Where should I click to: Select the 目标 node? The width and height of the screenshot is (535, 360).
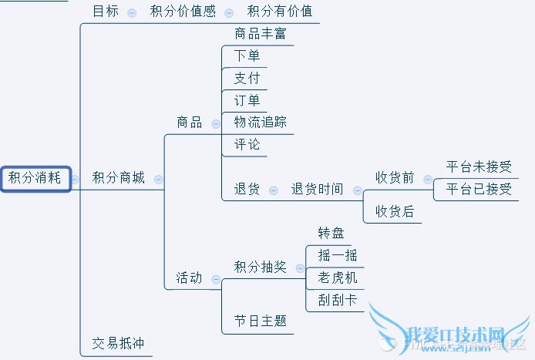[x=106, y=12]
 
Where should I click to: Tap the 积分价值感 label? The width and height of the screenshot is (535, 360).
[x=182, y=12]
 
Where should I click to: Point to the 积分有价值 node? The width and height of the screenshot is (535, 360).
[x=279, y=12]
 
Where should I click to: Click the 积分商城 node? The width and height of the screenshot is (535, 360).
[x=118, y=179]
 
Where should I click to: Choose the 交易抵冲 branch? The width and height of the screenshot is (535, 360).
[x=118, y=344]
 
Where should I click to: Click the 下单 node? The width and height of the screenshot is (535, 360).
[x=247, y=56]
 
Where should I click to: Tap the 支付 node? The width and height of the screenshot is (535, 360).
[x=247, y=79]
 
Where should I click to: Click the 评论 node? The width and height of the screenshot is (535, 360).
[x=247, y=145]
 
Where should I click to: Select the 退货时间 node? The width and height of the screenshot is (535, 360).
[x=317, y=189]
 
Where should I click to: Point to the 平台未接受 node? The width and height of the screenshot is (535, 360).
[x=479, y=167]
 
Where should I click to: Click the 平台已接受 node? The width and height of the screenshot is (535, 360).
[x=479, y=189]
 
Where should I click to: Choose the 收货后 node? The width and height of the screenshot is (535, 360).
[x=395, y=211]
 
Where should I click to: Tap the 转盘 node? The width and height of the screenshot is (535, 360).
[x=331, y=233]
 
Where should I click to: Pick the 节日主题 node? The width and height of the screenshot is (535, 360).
[x=261, y=321]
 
